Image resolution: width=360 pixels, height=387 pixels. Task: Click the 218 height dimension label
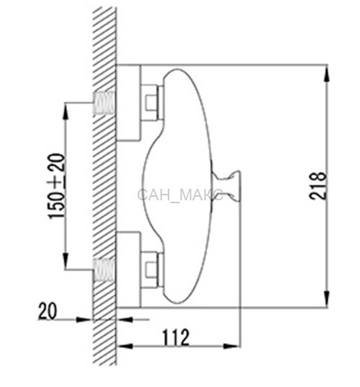(x=318, y=185)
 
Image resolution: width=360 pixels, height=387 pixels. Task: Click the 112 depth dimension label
(x=176, y=337)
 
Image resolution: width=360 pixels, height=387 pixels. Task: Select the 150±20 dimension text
(x=57, y=186)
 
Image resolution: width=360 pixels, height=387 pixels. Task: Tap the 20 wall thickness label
(x=48, y=311)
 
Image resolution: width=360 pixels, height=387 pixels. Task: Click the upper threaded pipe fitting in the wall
(x=104, y=102)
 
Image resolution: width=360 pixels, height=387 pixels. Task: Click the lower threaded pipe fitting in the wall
(x=104, y=270)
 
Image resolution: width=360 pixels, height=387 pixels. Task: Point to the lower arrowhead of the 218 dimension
(x=326, y=299)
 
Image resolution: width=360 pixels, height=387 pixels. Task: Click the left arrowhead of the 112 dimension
(x=125, y=346)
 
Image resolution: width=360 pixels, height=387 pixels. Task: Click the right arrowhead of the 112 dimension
(x=231, y=346)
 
